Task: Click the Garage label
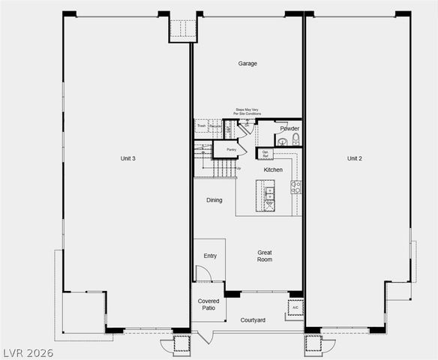pos(247,64)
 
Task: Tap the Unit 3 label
pos(127,158)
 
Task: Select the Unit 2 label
pos(355,158)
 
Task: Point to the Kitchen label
pos(273,170)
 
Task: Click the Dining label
pos(214,200)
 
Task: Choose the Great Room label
pos(265,256)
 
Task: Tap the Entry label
pos(210,256)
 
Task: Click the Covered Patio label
pos(208,304)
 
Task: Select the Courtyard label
pos(253,320)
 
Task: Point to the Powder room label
pos(289,128)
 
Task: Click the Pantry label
pos(232,150)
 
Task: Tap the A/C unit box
pos(295,307)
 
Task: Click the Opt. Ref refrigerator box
pos(265,154)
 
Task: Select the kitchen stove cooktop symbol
pos(295,187)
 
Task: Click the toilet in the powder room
pos(295,139)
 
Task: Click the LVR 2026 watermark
pos(28,352)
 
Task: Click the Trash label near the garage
pos(201,125)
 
